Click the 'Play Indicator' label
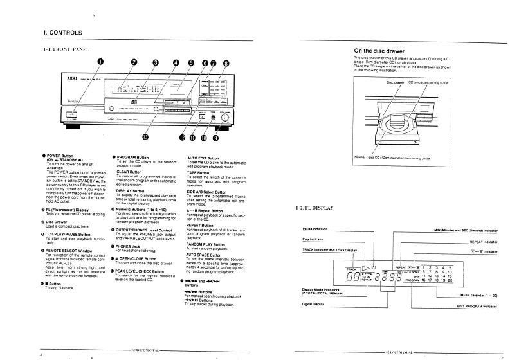coord(316,239)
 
